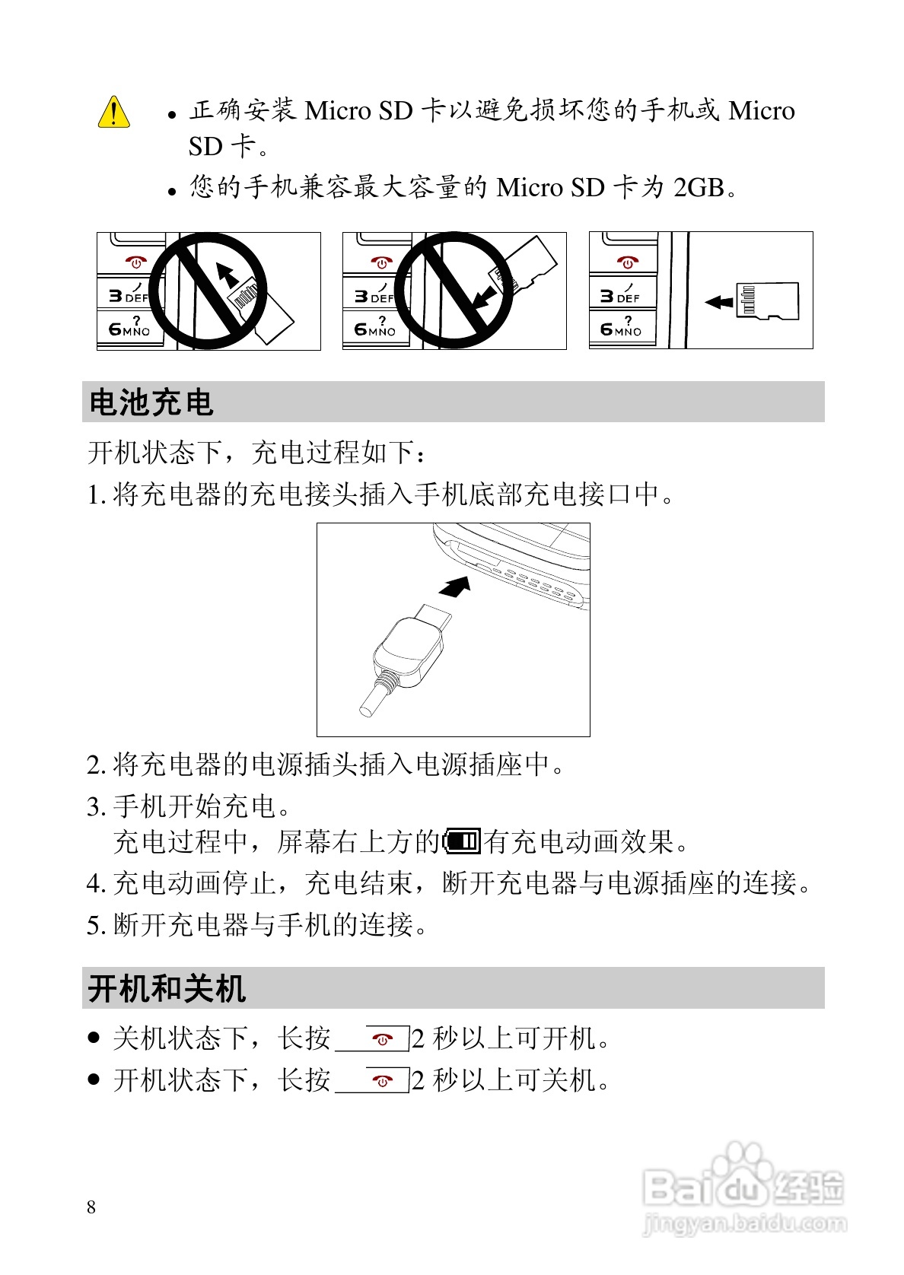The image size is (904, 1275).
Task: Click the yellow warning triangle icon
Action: pyautogui.click(x=114, y=113)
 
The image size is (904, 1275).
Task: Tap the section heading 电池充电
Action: pyautogui.click(x=151, y=402)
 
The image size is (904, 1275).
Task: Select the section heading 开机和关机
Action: pyautogui.click(x=167, y=988)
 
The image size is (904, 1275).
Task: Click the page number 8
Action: pyautogui.click(x=91, y=1207)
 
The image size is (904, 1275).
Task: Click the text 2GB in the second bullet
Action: pyautogui.click(x=699, y=187)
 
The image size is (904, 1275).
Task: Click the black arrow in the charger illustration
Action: pyautogui.click(x=455, y=587)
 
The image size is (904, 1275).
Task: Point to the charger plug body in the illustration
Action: pyautogui.click(x=408, y=653)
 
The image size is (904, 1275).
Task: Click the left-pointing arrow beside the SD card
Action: pyautogui.click(x=718, y=302)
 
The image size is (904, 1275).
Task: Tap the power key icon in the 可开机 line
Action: pyautogui.click(x=383, y=1039)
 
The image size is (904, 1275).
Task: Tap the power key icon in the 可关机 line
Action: pyautogui.click(x=383, y=1080)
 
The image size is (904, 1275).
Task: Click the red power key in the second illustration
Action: pyautogui.click(x=380, y=263)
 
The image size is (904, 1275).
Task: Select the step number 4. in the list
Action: pyautogui.click(x=95, y=883)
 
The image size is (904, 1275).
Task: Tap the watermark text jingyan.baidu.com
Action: pyautogui.click(x=744, y=1223)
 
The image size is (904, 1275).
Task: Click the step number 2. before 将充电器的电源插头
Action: pyautogui.click(x=95, y=765)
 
